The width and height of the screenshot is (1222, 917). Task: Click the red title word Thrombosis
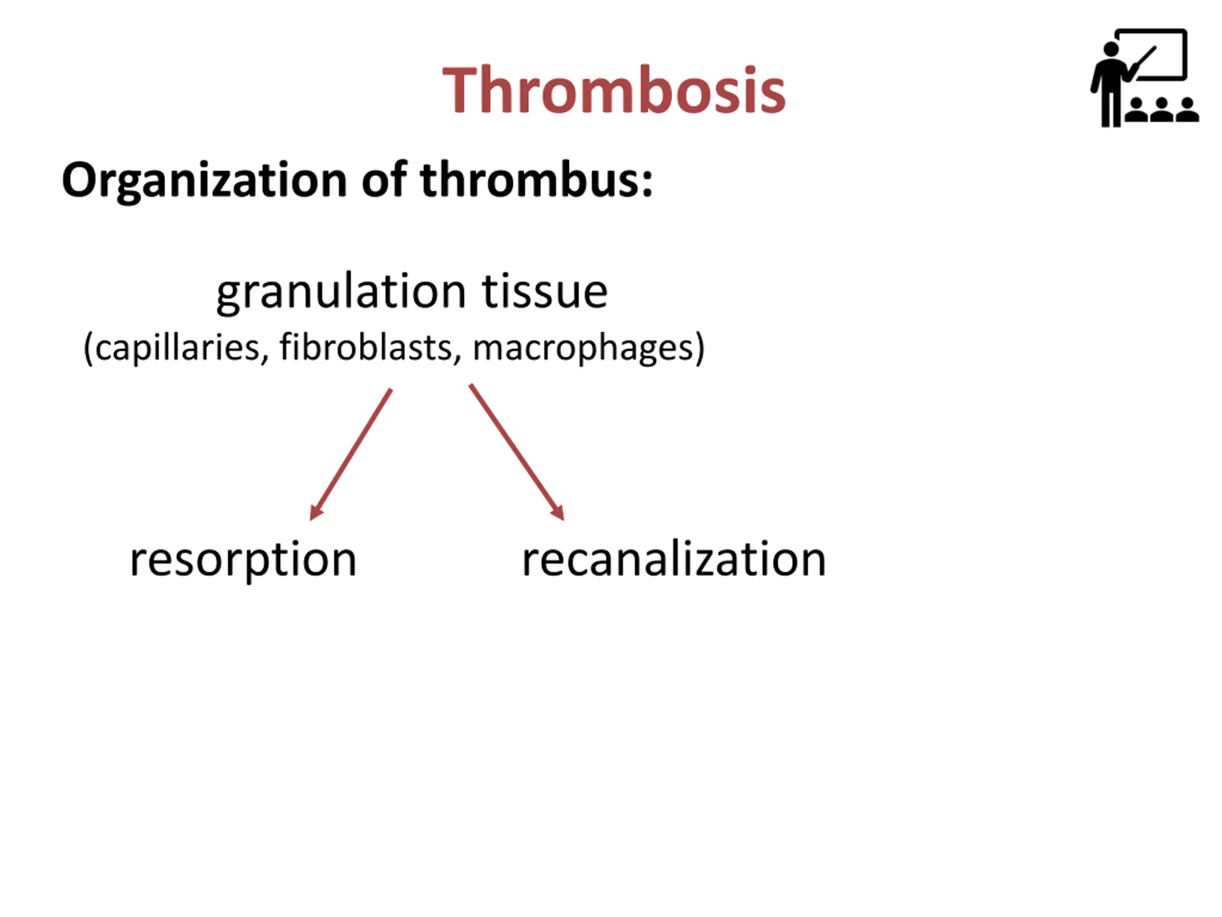(614, 90)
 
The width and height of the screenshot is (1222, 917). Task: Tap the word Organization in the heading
(204, 180)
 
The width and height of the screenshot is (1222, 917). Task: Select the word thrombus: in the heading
(537, 180)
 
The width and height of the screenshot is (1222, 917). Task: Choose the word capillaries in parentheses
(177, 348)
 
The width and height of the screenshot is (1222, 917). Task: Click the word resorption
(243, 559)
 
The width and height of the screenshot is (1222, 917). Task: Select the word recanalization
(674, 559)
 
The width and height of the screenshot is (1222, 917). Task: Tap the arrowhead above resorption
(316, 512)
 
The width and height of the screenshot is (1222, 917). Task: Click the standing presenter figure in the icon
(1109, 83)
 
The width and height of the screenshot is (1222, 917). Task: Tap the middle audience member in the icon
(1161, 110)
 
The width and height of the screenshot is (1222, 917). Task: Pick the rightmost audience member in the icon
(1187, 110)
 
